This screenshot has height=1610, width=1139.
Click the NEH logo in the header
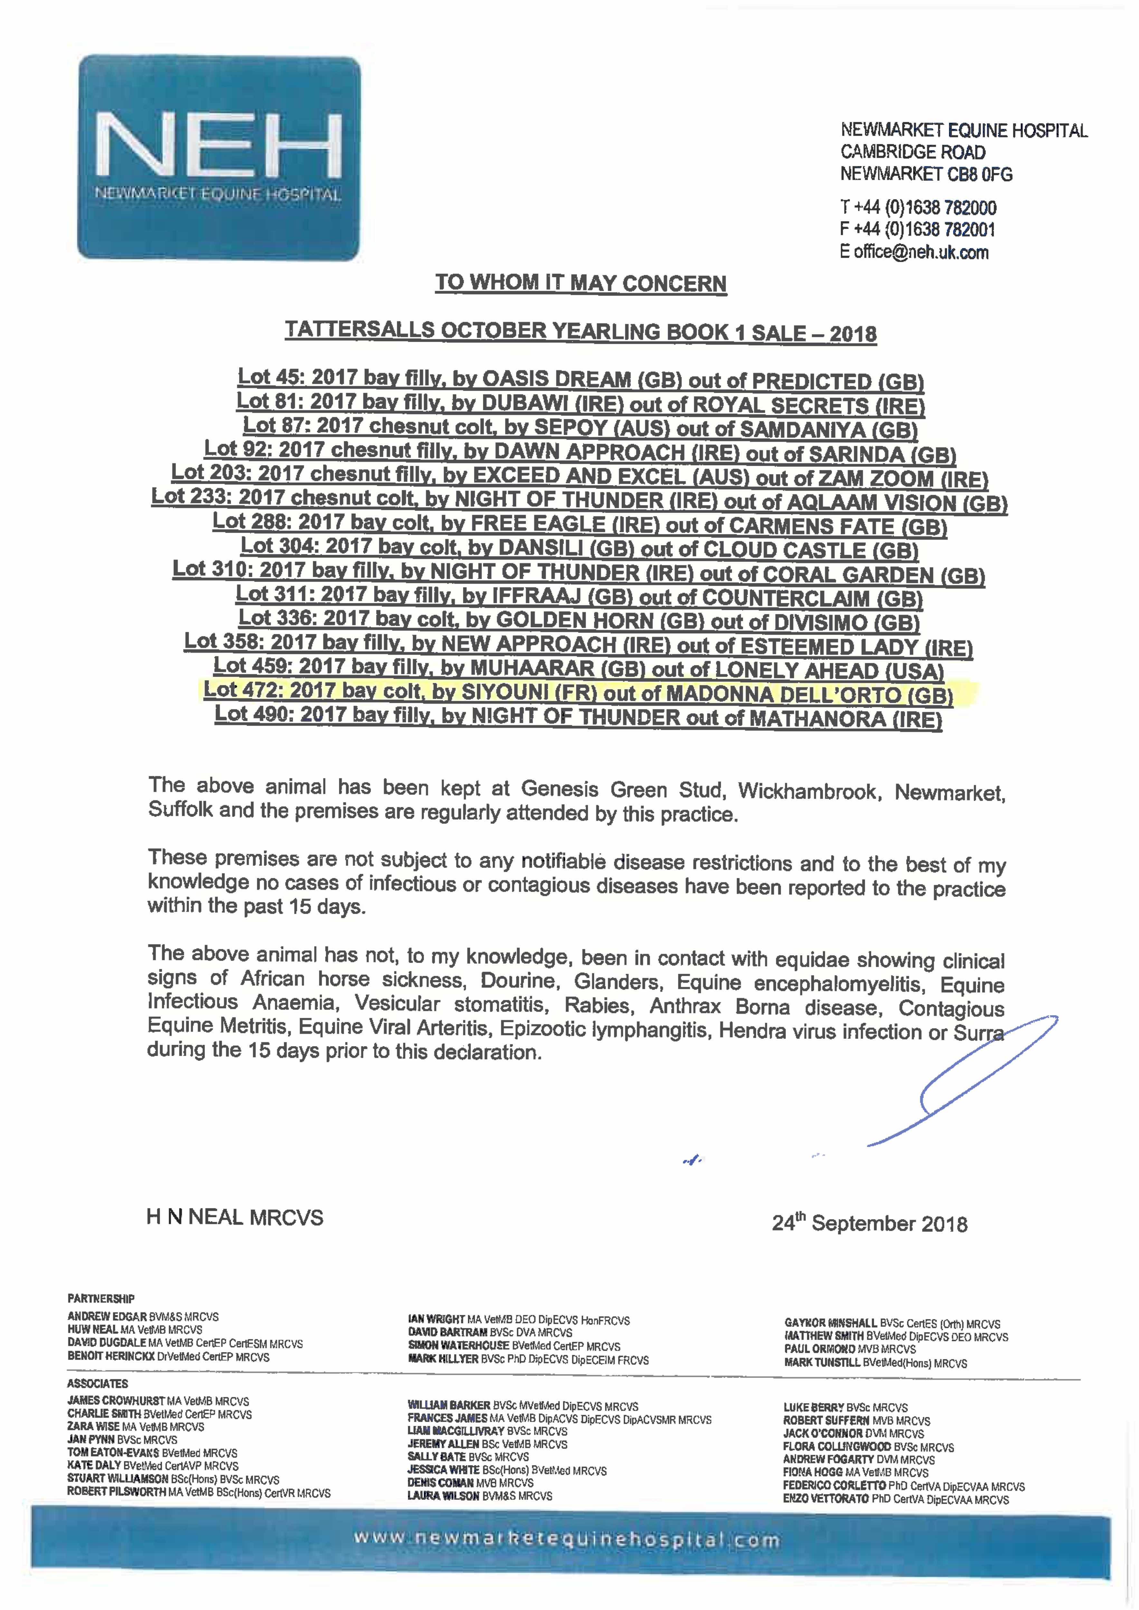point(219,158)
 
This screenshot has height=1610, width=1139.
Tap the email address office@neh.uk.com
point(921,252)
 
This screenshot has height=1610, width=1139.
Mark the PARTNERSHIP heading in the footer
point(101,1299)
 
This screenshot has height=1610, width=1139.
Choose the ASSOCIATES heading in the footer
point(98,1384)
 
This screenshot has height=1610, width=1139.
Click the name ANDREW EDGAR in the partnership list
point(107,1317)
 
